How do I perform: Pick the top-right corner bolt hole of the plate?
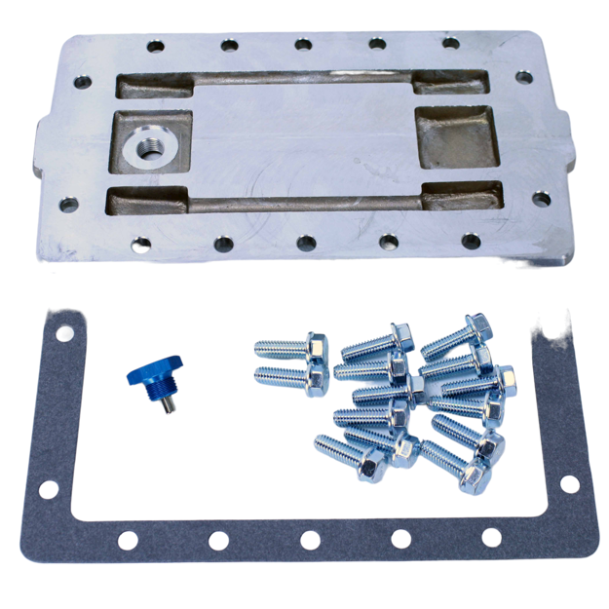click(524, 76)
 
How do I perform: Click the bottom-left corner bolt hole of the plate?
click(68, 205)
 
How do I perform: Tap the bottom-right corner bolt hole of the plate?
click(541, 198)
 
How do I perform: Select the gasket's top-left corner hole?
click(63, 333)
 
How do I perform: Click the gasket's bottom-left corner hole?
click(49, 489)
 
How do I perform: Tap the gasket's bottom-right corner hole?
click(569, 483)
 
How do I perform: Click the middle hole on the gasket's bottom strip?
click(310, 539)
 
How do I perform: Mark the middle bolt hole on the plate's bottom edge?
click(306, 241)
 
